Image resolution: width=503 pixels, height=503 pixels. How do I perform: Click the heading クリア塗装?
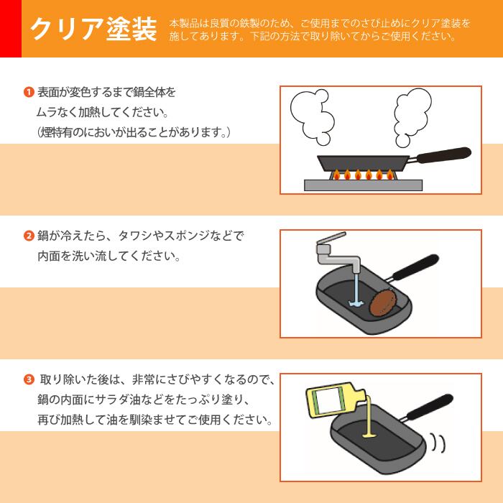(93, 29)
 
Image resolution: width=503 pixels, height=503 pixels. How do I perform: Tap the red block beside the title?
(11, 29)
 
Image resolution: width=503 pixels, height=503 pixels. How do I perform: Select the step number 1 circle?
(29, 93)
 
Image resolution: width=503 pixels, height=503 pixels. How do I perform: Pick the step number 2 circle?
(29, 236)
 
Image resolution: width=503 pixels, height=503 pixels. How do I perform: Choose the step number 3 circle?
(29, 380)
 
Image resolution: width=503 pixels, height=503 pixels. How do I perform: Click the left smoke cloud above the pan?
(312, 116)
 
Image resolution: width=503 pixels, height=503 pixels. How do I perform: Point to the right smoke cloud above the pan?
(411, 117)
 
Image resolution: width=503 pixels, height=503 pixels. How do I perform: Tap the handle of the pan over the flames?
(443, 155)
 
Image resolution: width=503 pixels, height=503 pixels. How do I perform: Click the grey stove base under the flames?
(363, 185)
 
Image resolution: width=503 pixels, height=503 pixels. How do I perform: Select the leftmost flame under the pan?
(336, 175)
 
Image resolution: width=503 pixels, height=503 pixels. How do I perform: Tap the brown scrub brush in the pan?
(383, 303)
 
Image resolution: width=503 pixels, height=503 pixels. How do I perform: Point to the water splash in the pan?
(356, 303)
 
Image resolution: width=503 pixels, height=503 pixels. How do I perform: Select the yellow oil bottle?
(336, 400)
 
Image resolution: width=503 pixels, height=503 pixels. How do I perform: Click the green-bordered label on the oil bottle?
(328, 400)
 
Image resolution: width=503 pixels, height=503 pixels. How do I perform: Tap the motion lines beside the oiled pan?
(438, 443)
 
